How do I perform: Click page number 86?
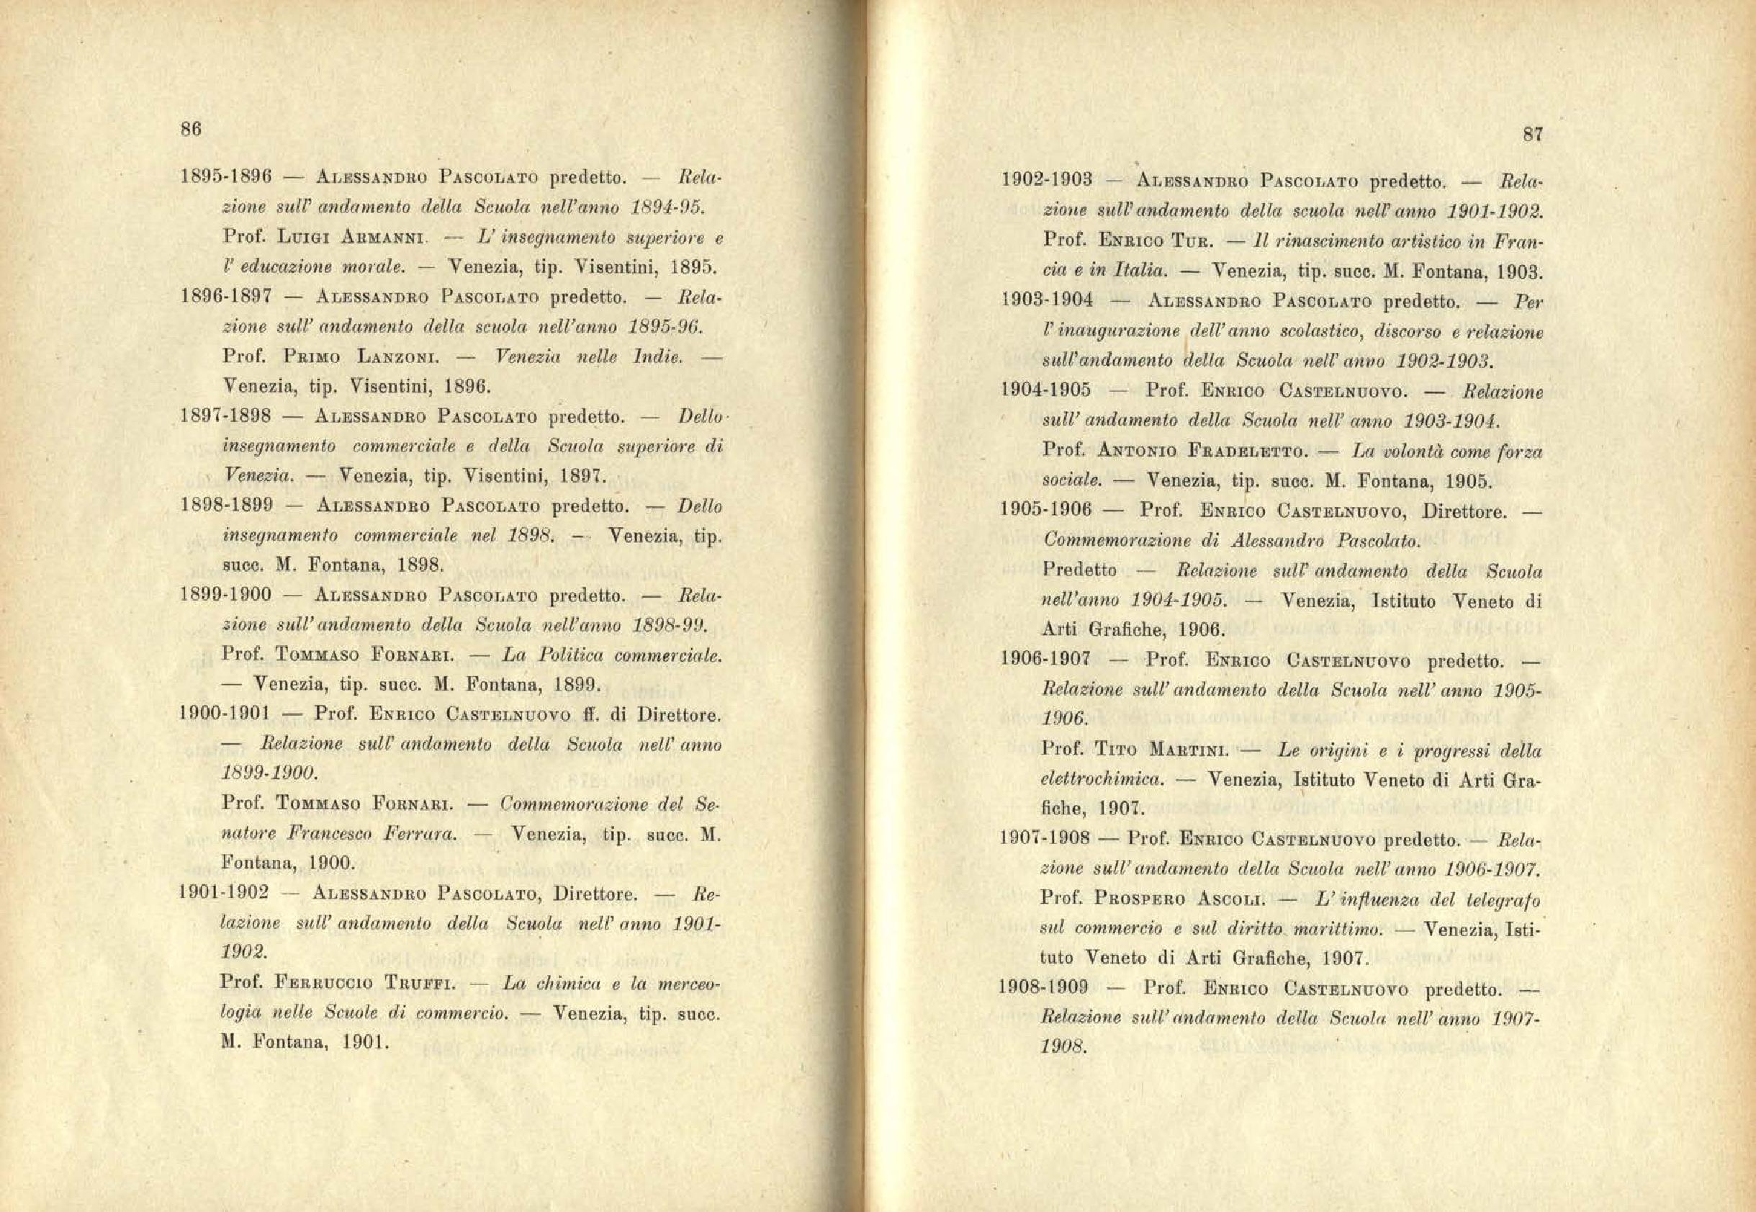190,130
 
